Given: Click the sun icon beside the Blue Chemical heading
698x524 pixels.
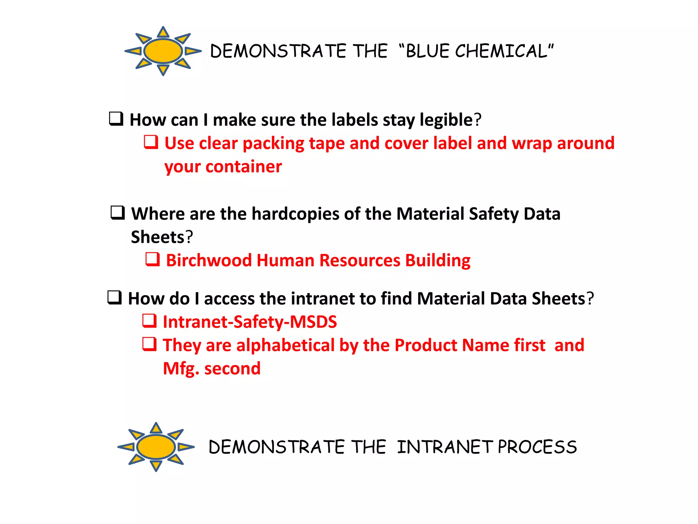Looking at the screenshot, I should point(163,51).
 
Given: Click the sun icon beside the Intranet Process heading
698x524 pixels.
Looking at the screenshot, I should point(156,447).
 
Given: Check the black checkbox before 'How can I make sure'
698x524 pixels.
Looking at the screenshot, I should point(116,119).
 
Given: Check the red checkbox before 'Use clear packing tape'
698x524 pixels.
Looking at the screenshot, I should point(151,142).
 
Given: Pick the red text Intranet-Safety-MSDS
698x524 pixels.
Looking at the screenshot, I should point(250,322).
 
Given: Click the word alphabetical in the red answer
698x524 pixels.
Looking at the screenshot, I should point(285,345).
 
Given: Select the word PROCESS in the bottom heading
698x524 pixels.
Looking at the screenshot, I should point(537,447).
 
